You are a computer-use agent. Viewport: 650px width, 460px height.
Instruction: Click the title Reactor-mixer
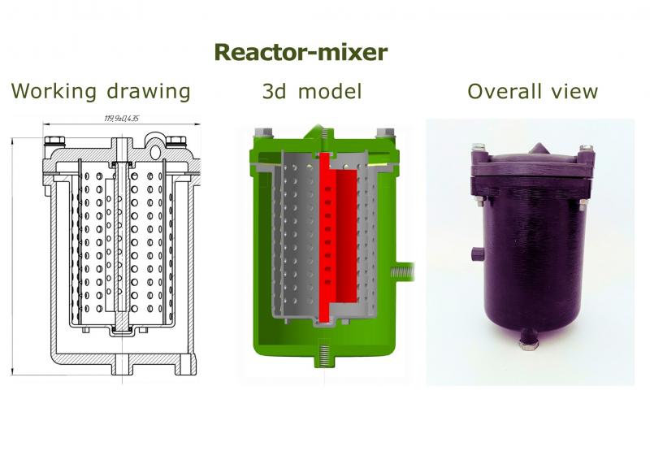[301, 52]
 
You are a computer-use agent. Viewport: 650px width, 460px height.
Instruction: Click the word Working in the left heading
[54, 91]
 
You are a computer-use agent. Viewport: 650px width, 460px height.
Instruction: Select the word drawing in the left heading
[149, 91]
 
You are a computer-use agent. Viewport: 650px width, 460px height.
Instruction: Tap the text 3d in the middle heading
[274, 91]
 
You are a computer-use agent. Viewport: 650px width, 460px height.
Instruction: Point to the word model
[330, 91]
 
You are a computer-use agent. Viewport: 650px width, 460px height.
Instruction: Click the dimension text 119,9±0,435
[121, 119]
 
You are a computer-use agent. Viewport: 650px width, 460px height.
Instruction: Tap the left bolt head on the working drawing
[54, 141]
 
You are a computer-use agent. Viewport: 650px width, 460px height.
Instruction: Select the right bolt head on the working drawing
[175, 141]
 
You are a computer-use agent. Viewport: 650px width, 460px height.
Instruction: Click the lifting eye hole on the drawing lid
[155, 152]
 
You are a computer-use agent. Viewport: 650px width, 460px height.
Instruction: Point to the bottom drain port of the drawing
[122, 364]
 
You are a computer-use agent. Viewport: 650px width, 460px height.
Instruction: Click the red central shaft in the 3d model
[324, 237]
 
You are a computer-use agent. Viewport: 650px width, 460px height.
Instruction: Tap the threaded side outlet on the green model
[402, 272]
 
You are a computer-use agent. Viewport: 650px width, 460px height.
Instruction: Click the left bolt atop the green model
[262, 133]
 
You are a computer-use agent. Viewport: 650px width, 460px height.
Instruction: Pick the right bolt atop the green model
[385, 133]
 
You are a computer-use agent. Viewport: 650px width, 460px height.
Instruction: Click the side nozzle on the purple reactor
[478, 254]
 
